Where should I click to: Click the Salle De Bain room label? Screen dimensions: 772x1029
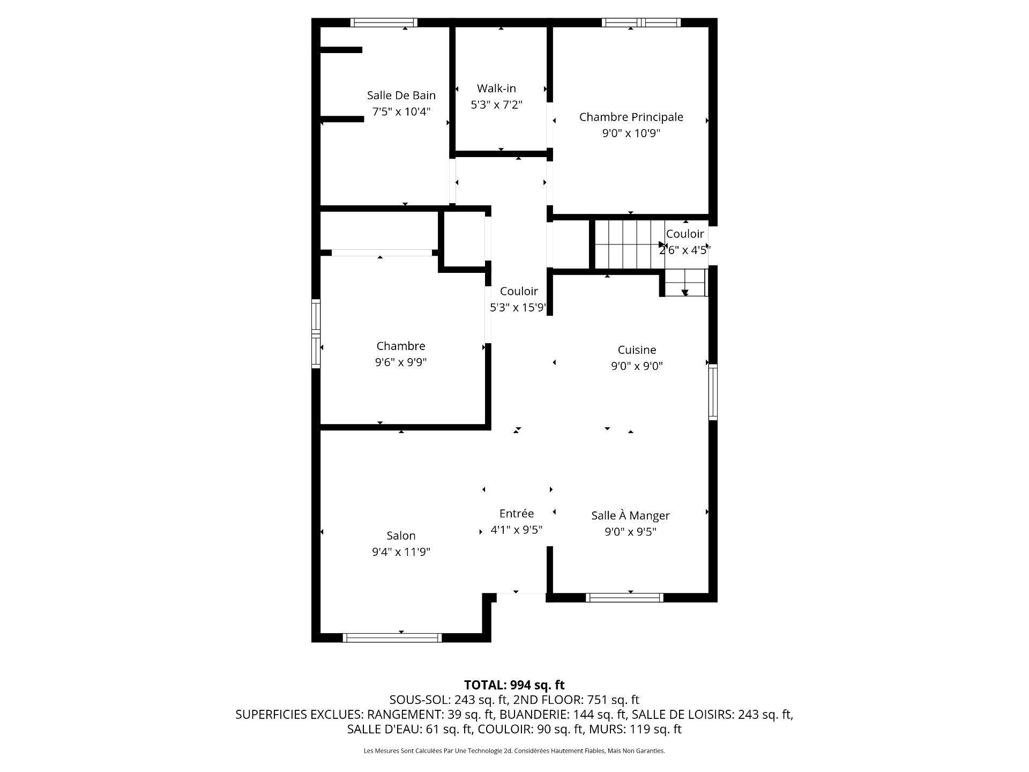point(401,95)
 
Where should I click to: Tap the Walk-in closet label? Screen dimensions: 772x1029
point(496,88)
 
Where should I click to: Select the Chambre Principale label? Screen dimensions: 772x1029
point(631,117)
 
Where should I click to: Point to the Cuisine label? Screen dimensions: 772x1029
point(637,350)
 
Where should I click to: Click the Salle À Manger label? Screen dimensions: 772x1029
point(630,516)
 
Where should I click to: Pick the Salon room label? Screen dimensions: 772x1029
point(401,536)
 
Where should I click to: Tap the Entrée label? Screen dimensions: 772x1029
point(516,514)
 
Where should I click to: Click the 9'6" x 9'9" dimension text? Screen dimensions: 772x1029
point(401,362)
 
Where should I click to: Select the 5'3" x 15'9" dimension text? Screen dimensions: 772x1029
point(518,308)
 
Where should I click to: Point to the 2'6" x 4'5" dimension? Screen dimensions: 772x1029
point(684,250)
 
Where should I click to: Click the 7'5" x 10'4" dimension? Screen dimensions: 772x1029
point(401,112)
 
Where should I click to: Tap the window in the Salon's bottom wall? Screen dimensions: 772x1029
point(392,637)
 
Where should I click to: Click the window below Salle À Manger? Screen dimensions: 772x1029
point(624,597)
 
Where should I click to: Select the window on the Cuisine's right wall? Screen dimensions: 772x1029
point(712,391)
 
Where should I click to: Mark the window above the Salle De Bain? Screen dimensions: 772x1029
point(384,23)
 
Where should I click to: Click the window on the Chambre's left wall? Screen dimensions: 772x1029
point(316,333)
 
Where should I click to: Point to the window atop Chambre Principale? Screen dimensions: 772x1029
point(641,23)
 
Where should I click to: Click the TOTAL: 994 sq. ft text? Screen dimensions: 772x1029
point(514,685)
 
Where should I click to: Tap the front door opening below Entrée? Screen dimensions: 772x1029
point(521,593)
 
